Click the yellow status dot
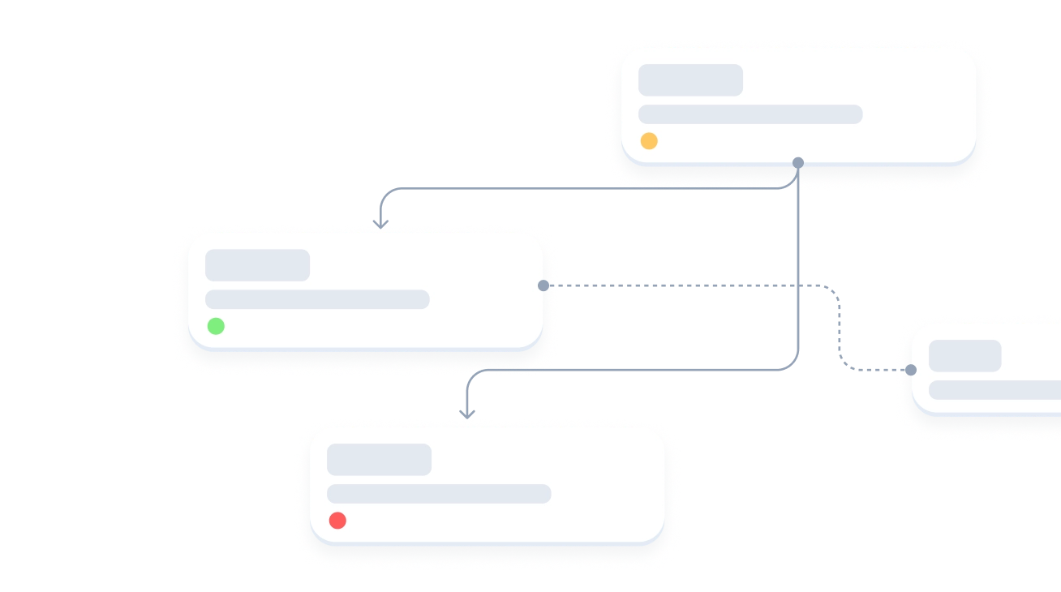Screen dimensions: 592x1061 pos(649,141)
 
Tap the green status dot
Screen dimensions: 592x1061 pos(216,326)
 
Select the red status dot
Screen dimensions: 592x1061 pos(337,521)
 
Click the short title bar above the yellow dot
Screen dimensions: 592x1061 pos(690,80)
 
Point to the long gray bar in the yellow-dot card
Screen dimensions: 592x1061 pos(750,114)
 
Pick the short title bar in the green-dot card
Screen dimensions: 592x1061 pos(257,265)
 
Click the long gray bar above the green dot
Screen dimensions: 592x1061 pos(317,299)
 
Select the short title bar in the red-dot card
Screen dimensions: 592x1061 pos(379,460)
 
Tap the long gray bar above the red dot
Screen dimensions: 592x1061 pos(439,494)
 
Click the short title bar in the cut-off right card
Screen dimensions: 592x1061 pos(964,356)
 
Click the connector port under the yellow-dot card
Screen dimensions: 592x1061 pos(798,163)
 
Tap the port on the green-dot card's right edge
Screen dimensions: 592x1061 pos(543,285)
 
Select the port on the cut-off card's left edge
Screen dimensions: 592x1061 pos(910,370)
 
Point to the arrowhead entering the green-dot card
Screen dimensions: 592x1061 pos(380,221)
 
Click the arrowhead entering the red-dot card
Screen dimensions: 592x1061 pos(466,414)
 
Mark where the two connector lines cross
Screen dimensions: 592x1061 pos(798,285)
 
